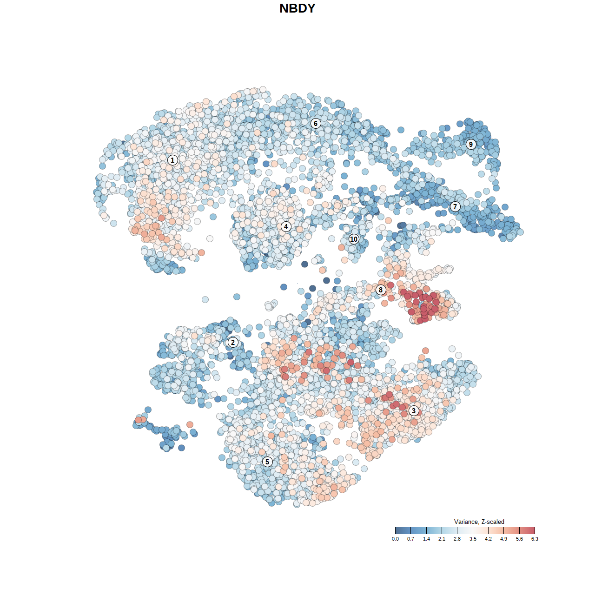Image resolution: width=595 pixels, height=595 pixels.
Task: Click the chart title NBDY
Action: (297, 8)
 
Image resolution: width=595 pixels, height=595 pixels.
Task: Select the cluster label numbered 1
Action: (172, 160)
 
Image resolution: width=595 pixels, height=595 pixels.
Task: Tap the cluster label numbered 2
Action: (233, 343)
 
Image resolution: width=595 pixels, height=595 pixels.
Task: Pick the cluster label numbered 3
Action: (414, 410)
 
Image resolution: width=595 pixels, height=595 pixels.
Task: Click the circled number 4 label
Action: (286, 226)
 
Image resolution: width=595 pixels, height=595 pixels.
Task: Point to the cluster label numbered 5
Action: (267, 462)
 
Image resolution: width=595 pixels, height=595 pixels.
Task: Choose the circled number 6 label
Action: (316, 123)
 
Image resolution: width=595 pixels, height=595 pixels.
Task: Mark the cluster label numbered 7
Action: (455, 206)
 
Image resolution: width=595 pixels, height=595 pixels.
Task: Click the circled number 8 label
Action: (381, 290)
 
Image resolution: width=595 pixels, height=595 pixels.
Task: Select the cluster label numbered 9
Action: (471, 144)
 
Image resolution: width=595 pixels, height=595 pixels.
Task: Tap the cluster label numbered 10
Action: (354, 239)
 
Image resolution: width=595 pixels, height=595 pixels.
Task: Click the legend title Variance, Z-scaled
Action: (479, 522)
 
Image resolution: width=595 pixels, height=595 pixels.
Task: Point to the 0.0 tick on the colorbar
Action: (395, 539)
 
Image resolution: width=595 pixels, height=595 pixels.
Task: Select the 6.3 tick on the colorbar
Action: (535, 539)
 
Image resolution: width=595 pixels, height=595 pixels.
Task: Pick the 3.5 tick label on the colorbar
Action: (473, 539)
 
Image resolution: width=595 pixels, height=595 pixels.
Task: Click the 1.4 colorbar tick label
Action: (426, 539)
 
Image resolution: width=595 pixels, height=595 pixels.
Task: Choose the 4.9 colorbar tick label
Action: (504, 539)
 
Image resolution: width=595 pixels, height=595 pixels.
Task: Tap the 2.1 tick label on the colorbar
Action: (442, 539)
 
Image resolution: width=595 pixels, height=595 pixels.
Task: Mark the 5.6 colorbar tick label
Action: (519, 539)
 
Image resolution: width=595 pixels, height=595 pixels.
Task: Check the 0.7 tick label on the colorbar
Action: (411, 539)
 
